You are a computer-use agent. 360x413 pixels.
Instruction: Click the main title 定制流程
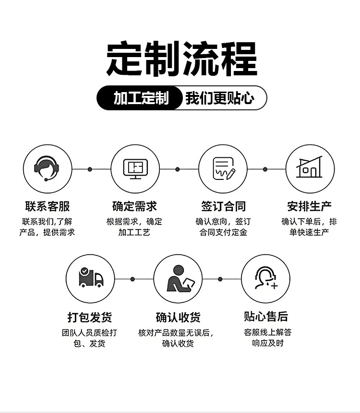[181, 59]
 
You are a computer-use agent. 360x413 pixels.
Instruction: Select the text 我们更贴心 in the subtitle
[219, 98]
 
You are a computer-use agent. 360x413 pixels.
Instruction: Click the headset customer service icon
[47, 169]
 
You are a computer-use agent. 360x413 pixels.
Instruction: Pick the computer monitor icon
[135, 169]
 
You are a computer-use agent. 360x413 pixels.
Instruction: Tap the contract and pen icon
[223, 169]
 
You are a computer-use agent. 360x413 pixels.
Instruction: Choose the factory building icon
[310, 169]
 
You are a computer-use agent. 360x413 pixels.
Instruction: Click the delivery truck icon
[91, 279]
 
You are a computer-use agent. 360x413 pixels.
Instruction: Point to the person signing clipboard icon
[178, 279]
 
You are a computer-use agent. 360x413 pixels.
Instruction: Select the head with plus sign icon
[265, 279]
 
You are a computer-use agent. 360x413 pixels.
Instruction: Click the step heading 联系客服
[48, 207]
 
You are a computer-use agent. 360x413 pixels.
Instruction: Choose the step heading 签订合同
[223, 207]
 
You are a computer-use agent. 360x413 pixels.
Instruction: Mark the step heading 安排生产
[310, 207]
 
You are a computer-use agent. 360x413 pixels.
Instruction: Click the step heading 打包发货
[90, 317]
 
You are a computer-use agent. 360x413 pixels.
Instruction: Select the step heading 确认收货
[178, 317]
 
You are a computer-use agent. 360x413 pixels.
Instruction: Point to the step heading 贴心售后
[266, 317]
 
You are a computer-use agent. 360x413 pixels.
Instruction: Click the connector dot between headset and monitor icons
[90, 169]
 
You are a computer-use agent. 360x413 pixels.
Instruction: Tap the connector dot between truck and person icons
[132, 279]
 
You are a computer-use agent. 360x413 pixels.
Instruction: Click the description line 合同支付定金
[223, 233]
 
